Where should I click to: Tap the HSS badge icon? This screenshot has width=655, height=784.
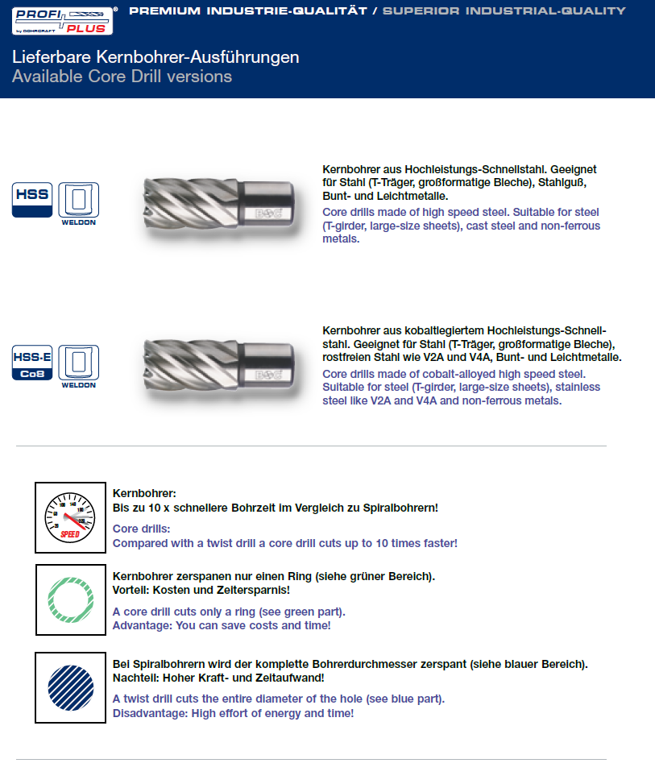pos(31,200)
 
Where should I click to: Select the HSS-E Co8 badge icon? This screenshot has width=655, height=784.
pos(31,363)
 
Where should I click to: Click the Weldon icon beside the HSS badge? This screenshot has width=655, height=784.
pos(79,203)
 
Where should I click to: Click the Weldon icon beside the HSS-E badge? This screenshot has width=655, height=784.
pos(79,366)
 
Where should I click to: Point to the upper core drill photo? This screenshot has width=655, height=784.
pos(216,201)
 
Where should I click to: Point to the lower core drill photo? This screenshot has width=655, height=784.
pos(216,362)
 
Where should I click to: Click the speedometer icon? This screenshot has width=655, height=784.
pos(70,517)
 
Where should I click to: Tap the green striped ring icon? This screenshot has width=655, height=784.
pos(70,599)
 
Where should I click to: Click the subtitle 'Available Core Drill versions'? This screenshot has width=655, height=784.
pos(122,77)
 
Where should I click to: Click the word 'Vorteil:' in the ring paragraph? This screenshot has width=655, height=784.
pos(131,590)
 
